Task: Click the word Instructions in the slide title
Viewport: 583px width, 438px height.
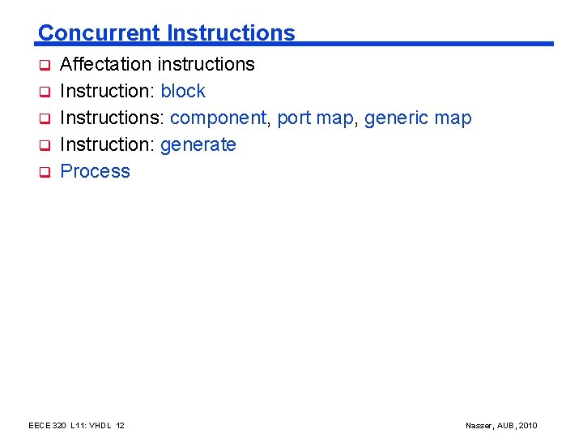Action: [231, 33]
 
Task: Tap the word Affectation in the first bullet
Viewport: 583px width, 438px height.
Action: [106, 64]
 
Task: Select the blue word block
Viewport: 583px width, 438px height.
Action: [183, 91]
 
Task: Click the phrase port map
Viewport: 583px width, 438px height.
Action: [315, 118]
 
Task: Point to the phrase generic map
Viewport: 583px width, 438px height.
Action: [418, 118]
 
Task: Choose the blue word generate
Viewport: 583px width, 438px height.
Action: [198, 145]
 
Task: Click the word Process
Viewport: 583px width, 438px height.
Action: [96, 171]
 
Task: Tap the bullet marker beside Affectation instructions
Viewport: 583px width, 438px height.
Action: [46, 65]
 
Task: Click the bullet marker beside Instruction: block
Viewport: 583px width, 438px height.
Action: [46, 92]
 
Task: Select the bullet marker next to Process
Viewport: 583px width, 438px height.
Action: [46, 172]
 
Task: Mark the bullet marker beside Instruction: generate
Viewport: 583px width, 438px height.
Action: [46, 145]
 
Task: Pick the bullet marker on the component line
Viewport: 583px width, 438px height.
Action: [46, 118]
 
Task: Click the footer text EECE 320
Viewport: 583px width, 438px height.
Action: [49, 426]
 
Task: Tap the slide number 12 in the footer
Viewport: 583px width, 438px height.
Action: [120, 426]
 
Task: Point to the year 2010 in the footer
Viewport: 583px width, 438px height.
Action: [528, 426]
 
